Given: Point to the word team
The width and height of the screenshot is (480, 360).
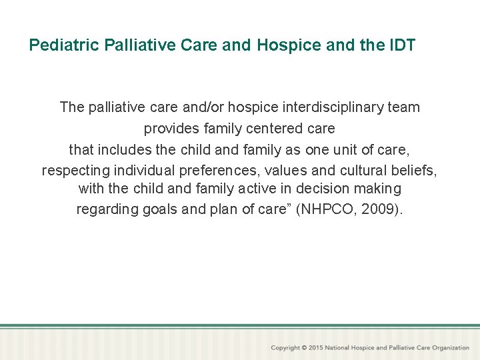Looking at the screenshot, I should click(x=403, y=107).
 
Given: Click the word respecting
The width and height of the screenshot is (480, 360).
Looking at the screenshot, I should click(x=75, y=170).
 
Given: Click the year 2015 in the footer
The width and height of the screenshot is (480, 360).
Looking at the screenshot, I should click(x=317, y=348).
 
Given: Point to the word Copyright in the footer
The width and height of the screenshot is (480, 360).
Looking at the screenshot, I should click(x=285, y=348).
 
